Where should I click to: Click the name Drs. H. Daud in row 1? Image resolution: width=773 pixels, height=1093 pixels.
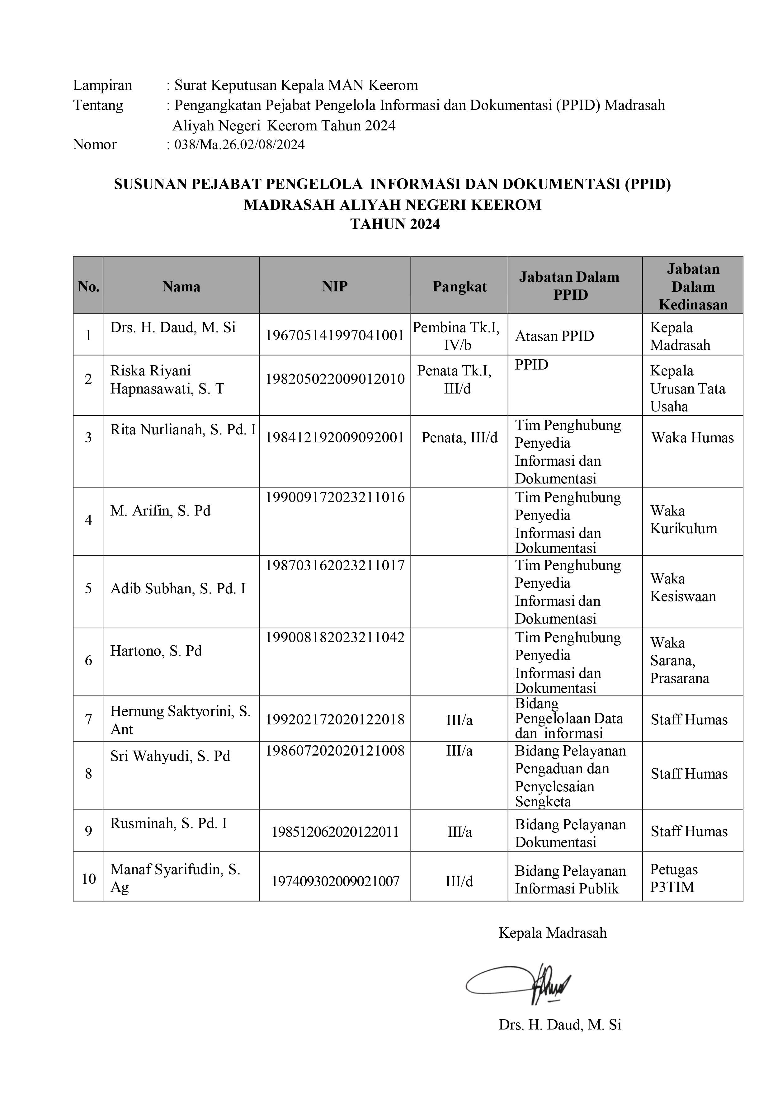pos(173,327)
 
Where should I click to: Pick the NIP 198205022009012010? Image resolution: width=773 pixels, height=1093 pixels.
pos(335,379)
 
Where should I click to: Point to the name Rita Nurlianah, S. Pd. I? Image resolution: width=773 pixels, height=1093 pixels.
pos(183,430)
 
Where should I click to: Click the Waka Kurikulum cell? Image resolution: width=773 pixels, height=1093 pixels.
pos(684,519)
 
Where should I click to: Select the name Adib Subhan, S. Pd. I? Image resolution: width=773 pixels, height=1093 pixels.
pos(178,589)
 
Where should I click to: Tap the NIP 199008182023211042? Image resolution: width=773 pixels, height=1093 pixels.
pos(335,638)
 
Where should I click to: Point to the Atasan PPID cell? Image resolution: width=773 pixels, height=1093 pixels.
pos(554,336)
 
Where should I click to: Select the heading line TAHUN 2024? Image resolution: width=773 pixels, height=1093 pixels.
pos(395,224)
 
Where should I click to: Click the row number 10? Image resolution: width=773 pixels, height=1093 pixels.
pos(88,879)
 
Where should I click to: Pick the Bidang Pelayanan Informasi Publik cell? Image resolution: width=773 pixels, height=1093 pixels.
pos(570,880)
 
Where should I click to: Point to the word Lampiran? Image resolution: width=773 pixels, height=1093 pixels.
pos(102,85)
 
